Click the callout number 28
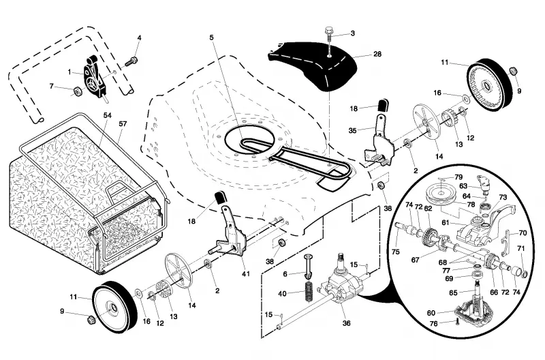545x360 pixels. [377, 54]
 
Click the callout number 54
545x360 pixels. [108, 115]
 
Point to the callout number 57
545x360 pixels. [123, 123]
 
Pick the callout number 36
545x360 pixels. [346, 323]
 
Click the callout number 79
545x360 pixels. [458, 177]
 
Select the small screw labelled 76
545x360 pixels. [457, 322]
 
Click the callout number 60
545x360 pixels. [431, 313]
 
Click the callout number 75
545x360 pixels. [396, 252]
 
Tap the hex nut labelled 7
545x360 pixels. [78, 92]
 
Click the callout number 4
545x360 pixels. [140, 37]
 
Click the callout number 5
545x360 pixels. [212, 37]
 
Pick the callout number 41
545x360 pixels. [246, 273]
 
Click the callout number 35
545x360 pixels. [352, 130]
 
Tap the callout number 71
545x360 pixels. [520, 248]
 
